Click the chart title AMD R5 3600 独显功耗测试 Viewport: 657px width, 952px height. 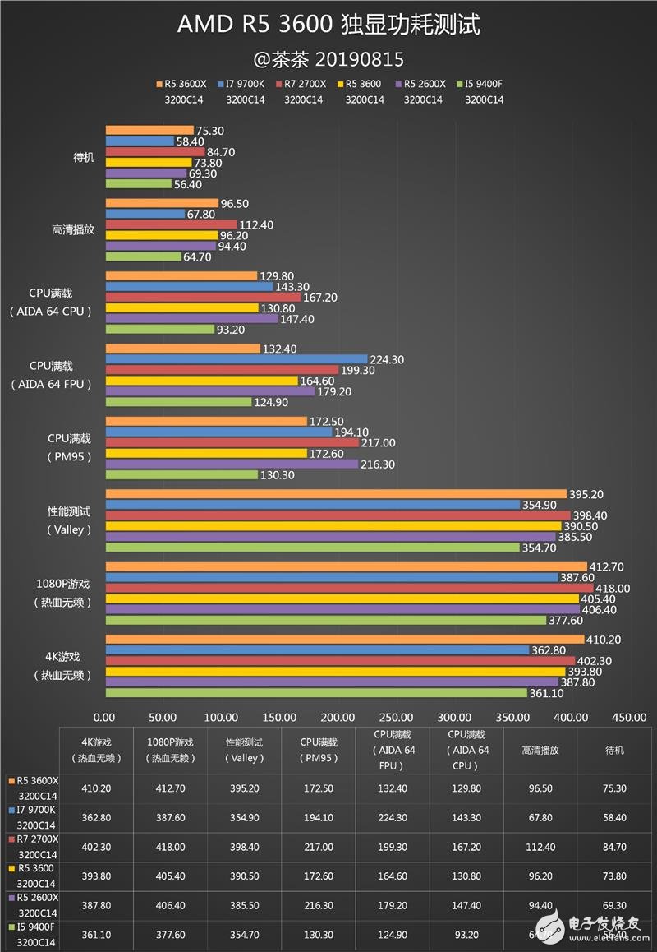328,25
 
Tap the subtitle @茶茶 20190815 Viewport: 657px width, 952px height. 328,60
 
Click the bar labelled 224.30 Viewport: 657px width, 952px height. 237,359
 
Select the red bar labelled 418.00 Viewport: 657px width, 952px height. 349,589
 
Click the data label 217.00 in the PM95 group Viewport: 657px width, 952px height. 379,443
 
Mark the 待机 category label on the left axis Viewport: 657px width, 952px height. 83,157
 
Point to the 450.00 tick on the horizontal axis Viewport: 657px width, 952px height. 629,717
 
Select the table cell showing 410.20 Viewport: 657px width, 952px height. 97,788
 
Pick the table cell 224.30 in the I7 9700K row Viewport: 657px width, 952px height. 392,818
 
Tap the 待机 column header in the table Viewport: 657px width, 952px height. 613,750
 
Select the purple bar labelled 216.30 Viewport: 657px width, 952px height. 232,464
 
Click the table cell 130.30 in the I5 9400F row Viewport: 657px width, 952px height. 318,935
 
